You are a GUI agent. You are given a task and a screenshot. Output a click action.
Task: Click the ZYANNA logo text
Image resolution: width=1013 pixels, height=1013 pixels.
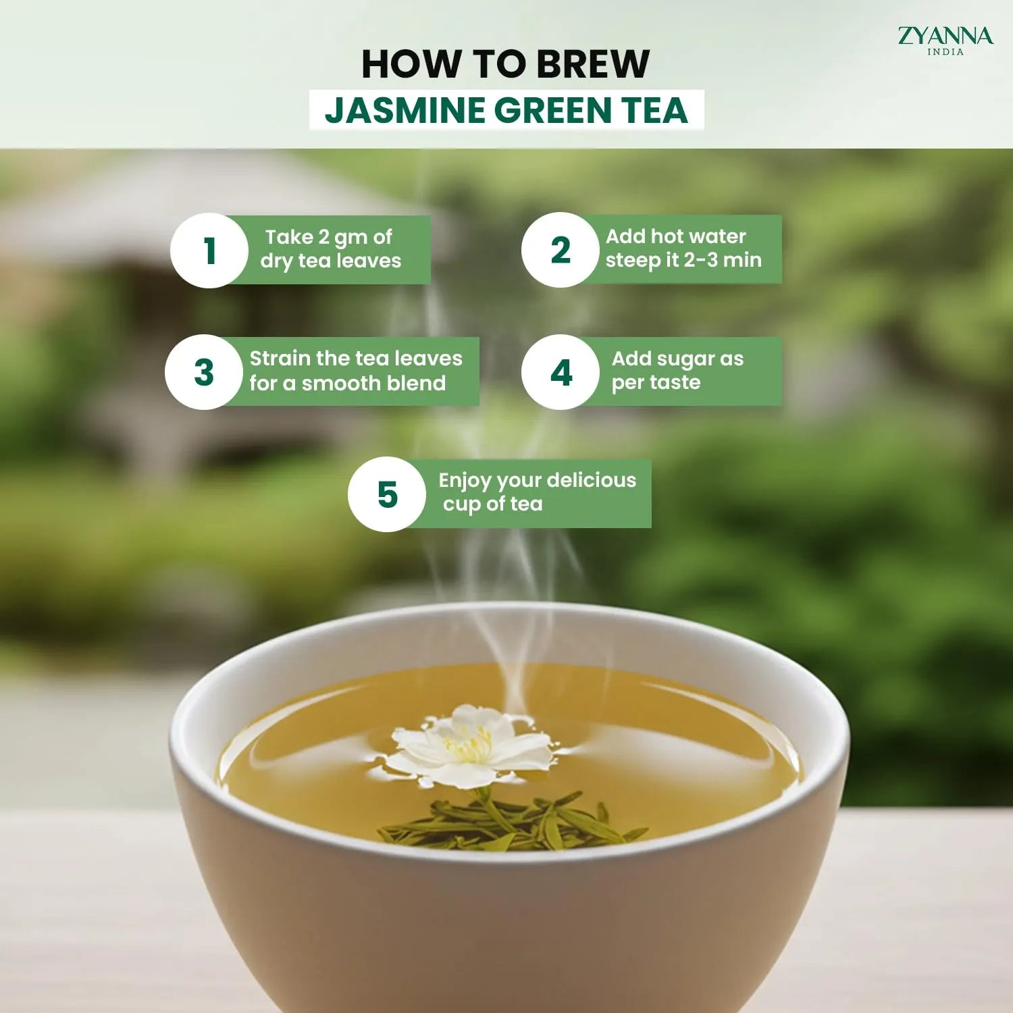945,35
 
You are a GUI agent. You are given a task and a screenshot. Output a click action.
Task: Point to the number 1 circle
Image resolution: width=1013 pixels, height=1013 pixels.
209,251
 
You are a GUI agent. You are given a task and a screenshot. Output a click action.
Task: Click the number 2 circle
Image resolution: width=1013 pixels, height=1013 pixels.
560,251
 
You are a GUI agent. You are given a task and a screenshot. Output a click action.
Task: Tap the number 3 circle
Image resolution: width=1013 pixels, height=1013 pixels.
204,372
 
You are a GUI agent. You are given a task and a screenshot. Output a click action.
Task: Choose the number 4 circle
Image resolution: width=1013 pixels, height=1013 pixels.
561,372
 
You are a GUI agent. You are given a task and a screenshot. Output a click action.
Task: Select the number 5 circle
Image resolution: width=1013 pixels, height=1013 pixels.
387,494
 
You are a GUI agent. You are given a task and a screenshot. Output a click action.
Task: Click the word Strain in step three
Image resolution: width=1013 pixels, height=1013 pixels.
280,359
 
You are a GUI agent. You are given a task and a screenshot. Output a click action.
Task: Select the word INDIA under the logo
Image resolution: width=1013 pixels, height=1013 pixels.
945,52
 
